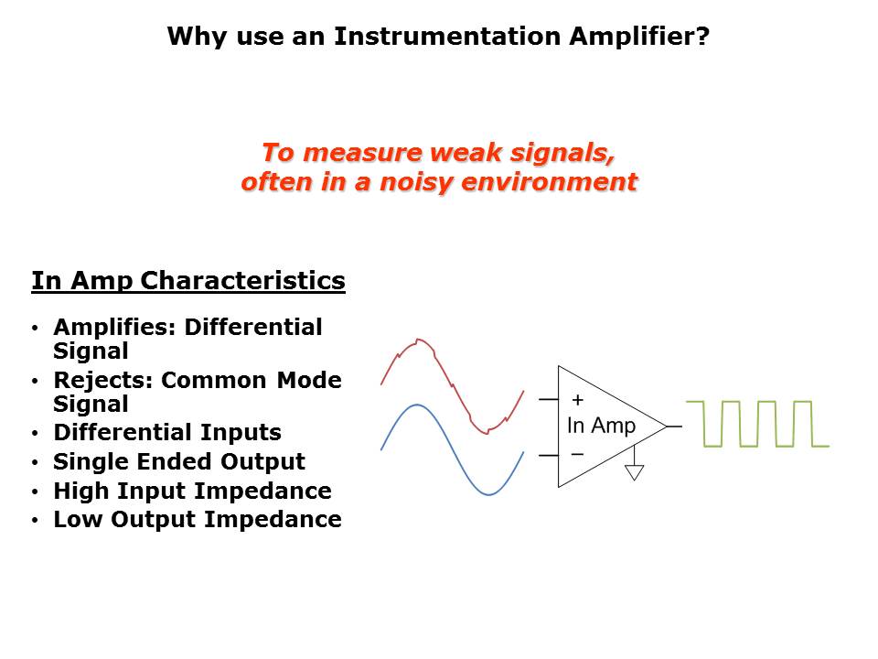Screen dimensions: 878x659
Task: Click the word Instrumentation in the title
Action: [x=447, y=37]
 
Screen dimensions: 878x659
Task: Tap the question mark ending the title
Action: [x=702, y=37]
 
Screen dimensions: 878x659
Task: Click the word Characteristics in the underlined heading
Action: [x=242, y=280]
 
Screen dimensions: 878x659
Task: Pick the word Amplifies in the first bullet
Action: [x=116, y=328]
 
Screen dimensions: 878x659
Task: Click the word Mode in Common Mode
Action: [x=309, y=380]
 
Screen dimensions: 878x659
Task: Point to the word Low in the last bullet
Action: [x=77, y=520]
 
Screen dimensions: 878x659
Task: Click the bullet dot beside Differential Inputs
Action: [x=36, y=434]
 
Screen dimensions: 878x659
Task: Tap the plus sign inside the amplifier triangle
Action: [x=577, y=400]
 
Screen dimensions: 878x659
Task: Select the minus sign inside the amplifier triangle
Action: [x=577, y=454]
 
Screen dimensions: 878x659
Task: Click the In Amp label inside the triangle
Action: [x=602, y=426]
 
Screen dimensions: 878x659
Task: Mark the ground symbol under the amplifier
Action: [x=634, y=472]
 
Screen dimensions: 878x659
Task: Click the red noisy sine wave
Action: [x=453, y=385]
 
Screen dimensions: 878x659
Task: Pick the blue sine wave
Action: [x=451, y=448]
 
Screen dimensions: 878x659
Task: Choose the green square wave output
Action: [x=757, y=424]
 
